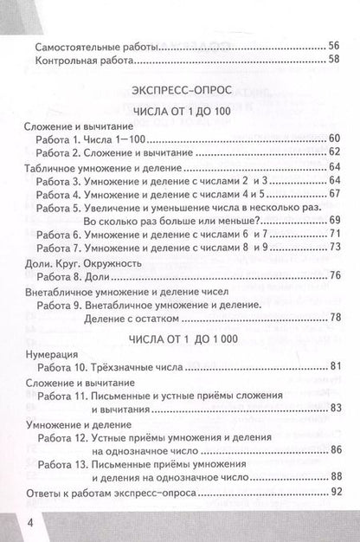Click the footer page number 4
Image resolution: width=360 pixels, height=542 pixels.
[10, 525]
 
